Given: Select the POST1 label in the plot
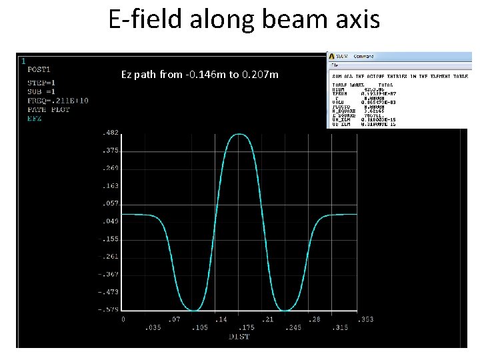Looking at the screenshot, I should [x=39, y=69].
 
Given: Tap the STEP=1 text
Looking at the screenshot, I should [x=41, y=83].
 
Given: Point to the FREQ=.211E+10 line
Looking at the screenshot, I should [x=59, y=101].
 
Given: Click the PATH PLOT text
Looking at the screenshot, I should [x=49, y=109].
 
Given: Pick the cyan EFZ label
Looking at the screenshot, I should [x=35, y=118].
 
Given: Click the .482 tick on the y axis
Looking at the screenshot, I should [x=110, y=133].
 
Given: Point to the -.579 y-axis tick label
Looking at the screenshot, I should [x=108, y=309].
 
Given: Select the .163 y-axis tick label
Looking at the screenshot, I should [x=110, y=186].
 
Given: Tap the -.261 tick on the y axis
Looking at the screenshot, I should [x=108, y=256].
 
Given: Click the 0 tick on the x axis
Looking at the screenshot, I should [x=123, y=320].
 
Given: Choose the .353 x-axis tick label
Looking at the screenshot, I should [x=366, y=320].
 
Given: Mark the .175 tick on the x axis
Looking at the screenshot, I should [x=246, y=327].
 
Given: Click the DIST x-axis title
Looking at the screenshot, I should [x=239, y=337].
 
